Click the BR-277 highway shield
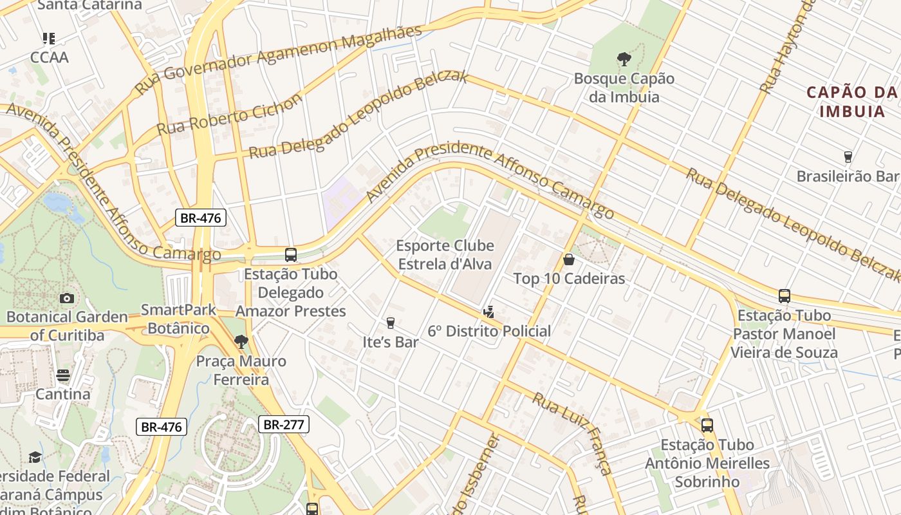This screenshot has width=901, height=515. point(284,424)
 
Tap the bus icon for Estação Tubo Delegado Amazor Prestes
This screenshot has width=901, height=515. point(291,255)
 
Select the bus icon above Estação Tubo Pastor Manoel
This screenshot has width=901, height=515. point(784,296)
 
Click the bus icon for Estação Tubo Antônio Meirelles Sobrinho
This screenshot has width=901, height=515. point(707,426)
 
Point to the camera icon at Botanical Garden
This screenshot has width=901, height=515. point(66,298)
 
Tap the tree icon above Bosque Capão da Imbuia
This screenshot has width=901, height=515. point(624,60)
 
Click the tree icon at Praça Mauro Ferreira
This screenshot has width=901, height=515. point(241,342)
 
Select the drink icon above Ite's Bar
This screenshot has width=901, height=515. point(390,323)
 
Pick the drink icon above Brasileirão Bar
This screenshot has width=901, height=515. point(848,157)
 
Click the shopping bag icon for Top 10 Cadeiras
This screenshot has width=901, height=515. point(569,259)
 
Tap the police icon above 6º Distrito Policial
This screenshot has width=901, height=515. point(489,312)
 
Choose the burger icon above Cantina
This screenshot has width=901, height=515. point(63,375)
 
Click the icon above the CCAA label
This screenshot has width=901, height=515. point(49,39)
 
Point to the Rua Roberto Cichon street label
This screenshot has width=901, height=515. point(229,115)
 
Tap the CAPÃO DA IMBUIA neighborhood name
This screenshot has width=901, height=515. point(852,102)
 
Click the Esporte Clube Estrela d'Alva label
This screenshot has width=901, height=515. point(445,255)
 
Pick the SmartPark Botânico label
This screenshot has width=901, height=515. point(178,319)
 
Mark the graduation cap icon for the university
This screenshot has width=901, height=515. point(35,457)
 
